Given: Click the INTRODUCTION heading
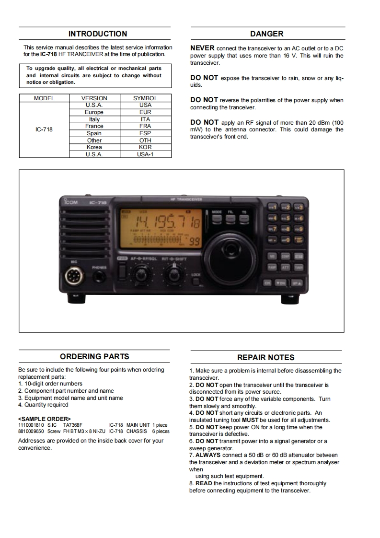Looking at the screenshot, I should tap(97, 34).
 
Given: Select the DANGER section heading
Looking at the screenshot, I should tap(267, 34).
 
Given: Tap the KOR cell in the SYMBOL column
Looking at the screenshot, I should tap(145, 147).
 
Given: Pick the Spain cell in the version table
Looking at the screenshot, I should tap(94, 133).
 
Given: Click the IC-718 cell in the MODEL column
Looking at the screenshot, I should tap(44, 129).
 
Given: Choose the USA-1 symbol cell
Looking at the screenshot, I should tap(145, 154).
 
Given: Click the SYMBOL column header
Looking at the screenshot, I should tap(145, 98).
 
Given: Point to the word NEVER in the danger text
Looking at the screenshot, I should tap(202, 48).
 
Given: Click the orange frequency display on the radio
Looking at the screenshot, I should tap(161, 227).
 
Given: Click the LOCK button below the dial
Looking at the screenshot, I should tap(196, 281).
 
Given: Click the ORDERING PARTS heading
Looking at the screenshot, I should tap(94, 357).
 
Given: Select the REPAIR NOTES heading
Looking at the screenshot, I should tap(266, 358).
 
